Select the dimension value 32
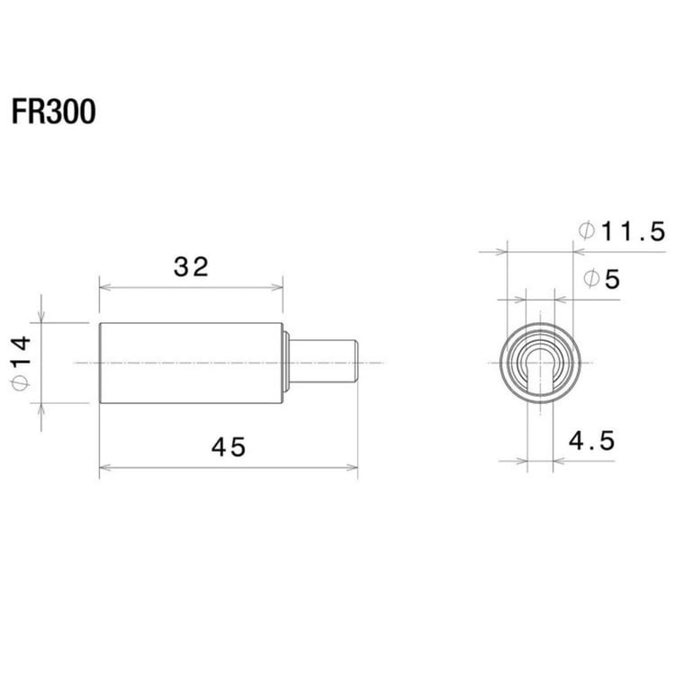pos(191,266)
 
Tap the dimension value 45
pos(227,446)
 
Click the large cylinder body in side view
pos(191,362)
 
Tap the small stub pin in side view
pos(324,362)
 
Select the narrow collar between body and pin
pos(286,362)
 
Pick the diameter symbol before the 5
pos(591,279)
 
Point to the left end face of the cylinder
pos(100,362)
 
